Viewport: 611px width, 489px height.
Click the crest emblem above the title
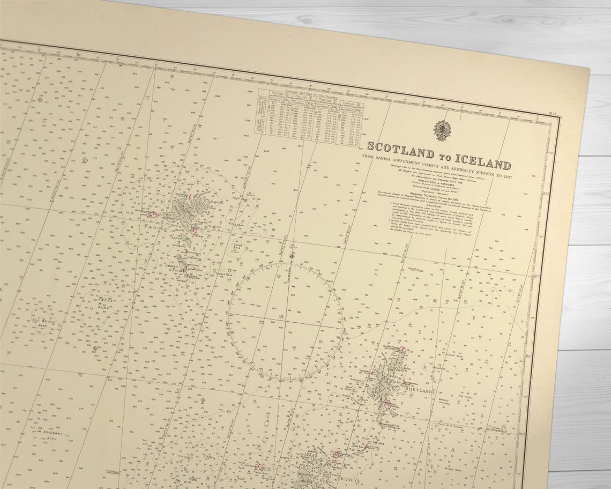pos(442,130)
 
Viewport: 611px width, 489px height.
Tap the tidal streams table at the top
pos(310,118)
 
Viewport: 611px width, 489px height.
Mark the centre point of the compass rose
pos(286,320)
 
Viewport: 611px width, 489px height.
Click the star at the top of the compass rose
pos(292,256)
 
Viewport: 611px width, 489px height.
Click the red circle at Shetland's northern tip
pos(403,349)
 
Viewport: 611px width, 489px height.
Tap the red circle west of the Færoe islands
pos(153,214)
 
